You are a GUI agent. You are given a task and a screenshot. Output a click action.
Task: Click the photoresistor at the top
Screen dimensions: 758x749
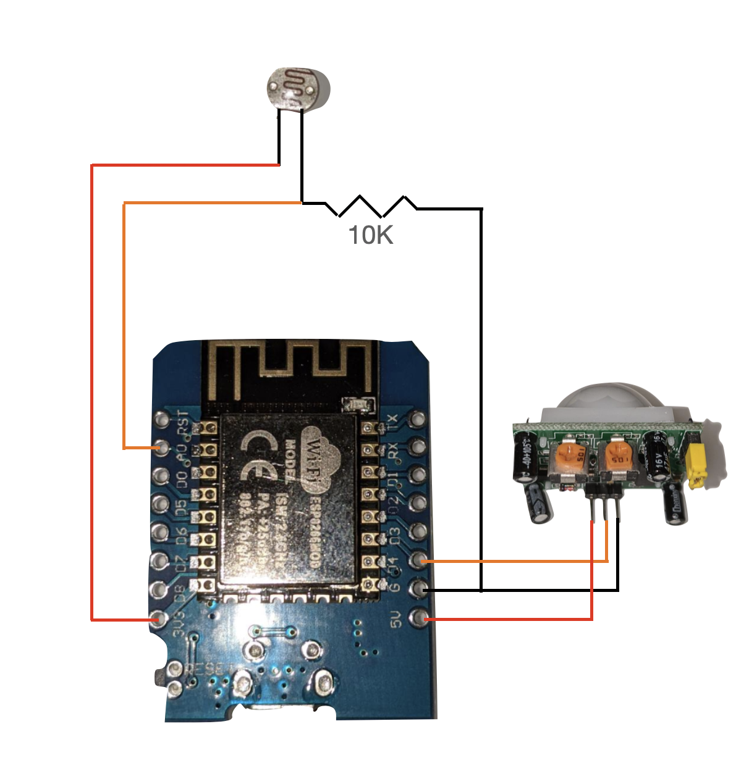298,88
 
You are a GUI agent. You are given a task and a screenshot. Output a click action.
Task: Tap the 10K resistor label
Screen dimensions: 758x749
371,235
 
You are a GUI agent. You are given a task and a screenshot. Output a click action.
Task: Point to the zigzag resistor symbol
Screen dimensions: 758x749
371,206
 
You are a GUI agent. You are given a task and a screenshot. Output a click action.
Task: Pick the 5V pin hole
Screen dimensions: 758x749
420,617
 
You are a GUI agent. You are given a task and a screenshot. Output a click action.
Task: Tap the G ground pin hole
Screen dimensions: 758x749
420,589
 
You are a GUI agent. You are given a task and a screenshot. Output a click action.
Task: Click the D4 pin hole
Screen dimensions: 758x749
420,560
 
